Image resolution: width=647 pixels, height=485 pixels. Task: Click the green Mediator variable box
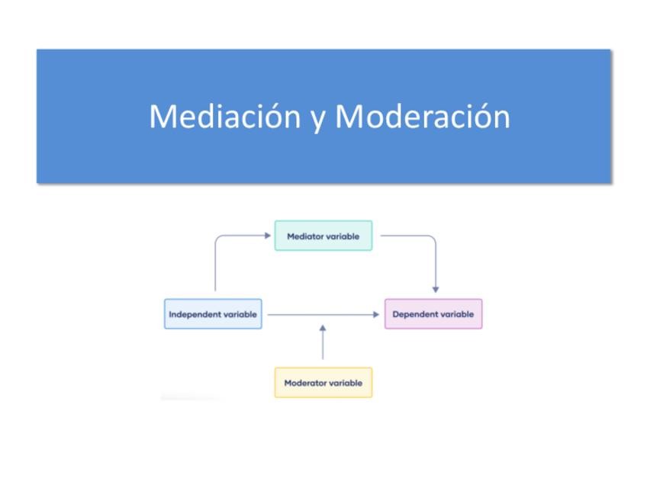(x=323, y=236)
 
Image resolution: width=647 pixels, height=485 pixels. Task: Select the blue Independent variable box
(x=213, y=314)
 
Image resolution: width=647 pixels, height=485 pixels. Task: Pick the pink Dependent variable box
(x=433, y=314)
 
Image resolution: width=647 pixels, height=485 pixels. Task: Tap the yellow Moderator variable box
(x=323, y=383)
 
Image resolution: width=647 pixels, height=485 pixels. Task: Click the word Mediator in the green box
(x=305, y=236)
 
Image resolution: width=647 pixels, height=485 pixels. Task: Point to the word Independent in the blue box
(x=195, y=314)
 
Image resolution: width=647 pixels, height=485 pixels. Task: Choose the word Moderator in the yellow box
(x=304, y=383)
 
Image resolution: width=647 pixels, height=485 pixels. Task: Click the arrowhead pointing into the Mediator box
(x=267, y=236)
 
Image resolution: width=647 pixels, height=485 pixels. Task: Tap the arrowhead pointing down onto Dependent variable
(x=436, y=290)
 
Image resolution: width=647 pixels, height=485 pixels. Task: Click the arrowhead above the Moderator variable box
(x=323, y=328)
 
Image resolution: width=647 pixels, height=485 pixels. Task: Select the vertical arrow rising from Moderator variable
(x=323, y=345)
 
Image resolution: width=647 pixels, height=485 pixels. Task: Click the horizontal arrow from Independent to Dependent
(x=320, y=314)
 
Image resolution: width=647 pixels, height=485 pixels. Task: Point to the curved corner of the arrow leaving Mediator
(x=432, y=239)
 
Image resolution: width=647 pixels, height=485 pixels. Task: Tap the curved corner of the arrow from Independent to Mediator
(x=219, y=239)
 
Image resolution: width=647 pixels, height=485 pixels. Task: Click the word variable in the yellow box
(x=345, y=383)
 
